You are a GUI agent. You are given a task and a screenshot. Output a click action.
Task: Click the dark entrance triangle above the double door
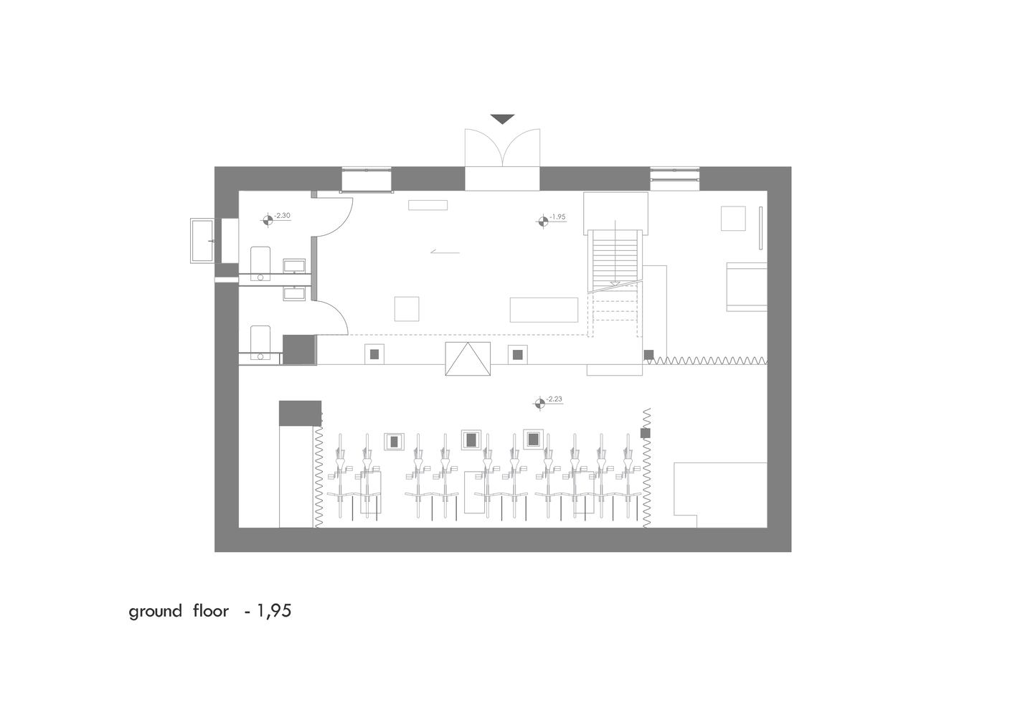click(502, 118)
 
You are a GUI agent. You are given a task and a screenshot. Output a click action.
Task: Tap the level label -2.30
click(282, 215)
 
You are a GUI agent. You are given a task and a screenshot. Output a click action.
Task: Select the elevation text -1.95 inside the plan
click(558, 217)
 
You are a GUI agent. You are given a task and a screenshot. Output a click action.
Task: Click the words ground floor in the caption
click(179, 611)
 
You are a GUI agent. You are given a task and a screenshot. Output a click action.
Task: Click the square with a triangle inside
click(468, 358)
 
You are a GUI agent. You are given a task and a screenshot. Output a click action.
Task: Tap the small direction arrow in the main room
click(444, 252)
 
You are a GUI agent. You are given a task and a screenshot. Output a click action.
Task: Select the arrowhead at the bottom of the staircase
click(614, 285)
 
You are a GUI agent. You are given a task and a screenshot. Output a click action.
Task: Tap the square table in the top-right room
click(733, 218)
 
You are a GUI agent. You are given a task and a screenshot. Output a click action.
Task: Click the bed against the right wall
click(747, 286)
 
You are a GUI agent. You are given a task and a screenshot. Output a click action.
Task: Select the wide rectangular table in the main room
click(544, 310)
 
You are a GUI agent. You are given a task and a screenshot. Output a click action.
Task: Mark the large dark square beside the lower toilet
click(299, 349)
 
